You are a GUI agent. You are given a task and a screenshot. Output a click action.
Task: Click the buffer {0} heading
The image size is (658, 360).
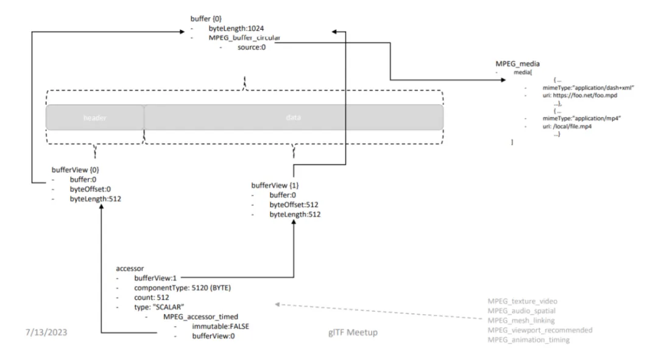[207, 18]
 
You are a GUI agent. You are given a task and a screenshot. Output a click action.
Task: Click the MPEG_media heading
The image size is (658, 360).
[518, 64]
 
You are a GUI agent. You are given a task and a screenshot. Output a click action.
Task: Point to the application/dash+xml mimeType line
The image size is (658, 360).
[589, 88]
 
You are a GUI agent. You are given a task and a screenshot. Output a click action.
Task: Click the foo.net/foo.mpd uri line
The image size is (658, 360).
[582, 96]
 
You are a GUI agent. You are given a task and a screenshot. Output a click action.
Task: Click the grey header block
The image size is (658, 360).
[95, 118]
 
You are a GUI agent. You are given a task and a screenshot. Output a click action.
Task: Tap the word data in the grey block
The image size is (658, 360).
[293, 118]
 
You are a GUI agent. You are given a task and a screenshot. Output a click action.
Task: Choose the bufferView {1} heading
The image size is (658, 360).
[275, 185]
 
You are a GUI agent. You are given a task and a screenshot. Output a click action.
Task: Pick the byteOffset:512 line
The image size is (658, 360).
[294, 205]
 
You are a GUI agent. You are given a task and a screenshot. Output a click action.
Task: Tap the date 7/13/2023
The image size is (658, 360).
[46, 333]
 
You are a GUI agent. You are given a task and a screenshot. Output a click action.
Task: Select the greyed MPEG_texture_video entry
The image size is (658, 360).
[522, 302]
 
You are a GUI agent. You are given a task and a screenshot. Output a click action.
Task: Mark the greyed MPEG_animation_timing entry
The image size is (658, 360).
[528, 339]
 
